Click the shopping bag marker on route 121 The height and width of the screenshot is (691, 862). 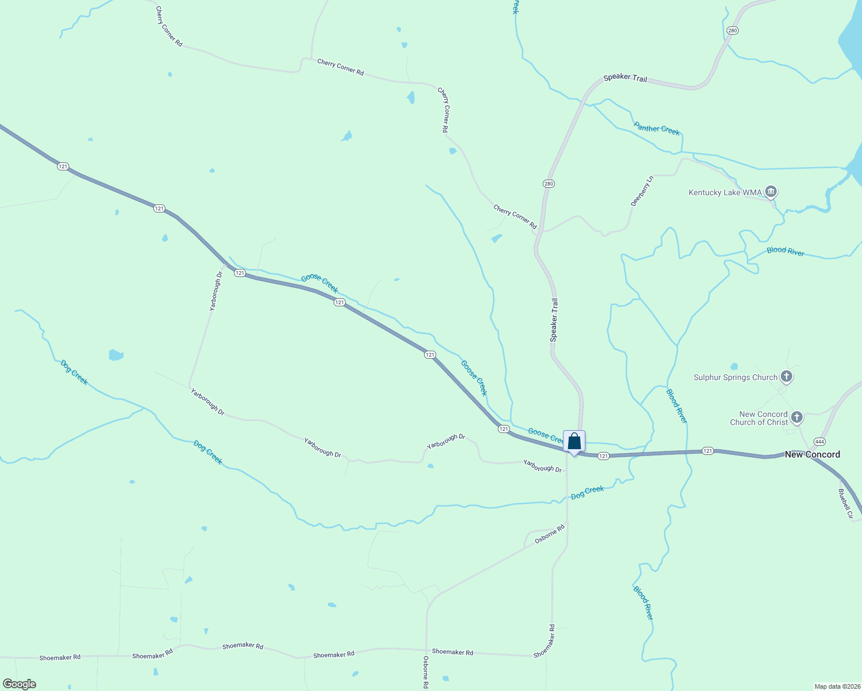574,442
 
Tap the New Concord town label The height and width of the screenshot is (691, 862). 812,454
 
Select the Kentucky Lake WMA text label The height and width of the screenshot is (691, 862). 725,192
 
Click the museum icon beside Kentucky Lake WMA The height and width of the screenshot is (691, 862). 771,192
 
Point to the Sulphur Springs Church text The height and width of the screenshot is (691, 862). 735,378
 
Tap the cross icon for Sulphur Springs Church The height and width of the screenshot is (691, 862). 787,377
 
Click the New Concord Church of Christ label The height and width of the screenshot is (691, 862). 763,418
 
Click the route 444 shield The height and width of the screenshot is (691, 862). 819,442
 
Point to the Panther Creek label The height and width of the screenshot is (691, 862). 657,128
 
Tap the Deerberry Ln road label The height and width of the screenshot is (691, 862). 642,191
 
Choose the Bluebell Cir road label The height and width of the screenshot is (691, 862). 845,504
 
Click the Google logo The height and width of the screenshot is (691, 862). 19,684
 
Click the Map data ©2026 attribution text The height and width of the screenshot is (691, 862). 837,686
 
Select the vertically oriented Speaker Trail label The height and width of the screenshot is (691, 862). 554,320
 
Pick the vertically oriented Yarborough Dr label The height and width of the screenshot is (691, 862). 216,291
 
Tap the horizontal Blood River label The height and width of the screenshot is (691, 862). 785,251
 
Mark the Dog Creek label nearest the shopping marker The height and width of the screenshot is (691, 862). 587,492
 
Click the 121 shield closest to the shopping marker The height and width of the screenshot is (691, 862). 603,456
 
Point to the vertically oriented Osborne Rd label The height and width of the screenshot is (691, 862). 426,673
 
